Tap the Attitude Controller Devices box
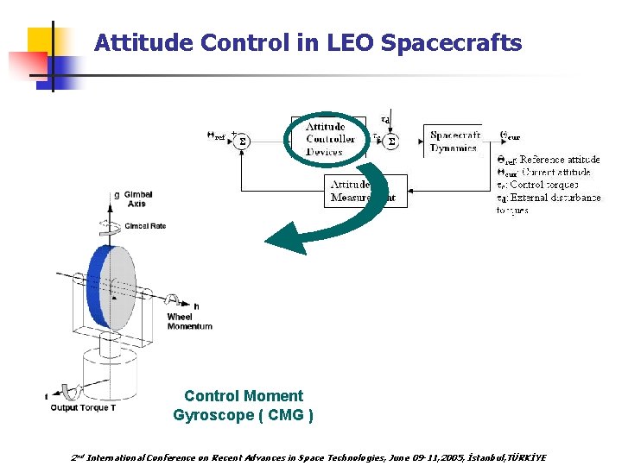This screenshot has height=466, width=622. click(329, 139)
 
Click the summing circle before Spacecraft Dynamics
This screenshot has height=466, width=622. click(390, 141)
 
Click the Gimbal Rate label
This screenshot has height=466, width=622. click(144, 226)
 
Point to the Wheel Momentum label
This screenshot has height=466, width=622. click(189, 321)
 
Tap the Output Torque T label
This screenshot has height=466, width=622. click(83, 407)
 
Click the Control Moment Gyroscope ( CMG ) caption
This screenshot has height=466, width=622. click(244, 406)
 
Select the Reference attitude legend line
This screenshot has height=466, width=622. click(549, 160)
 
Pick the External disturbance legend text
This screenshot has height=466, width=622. click(553, 198)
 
